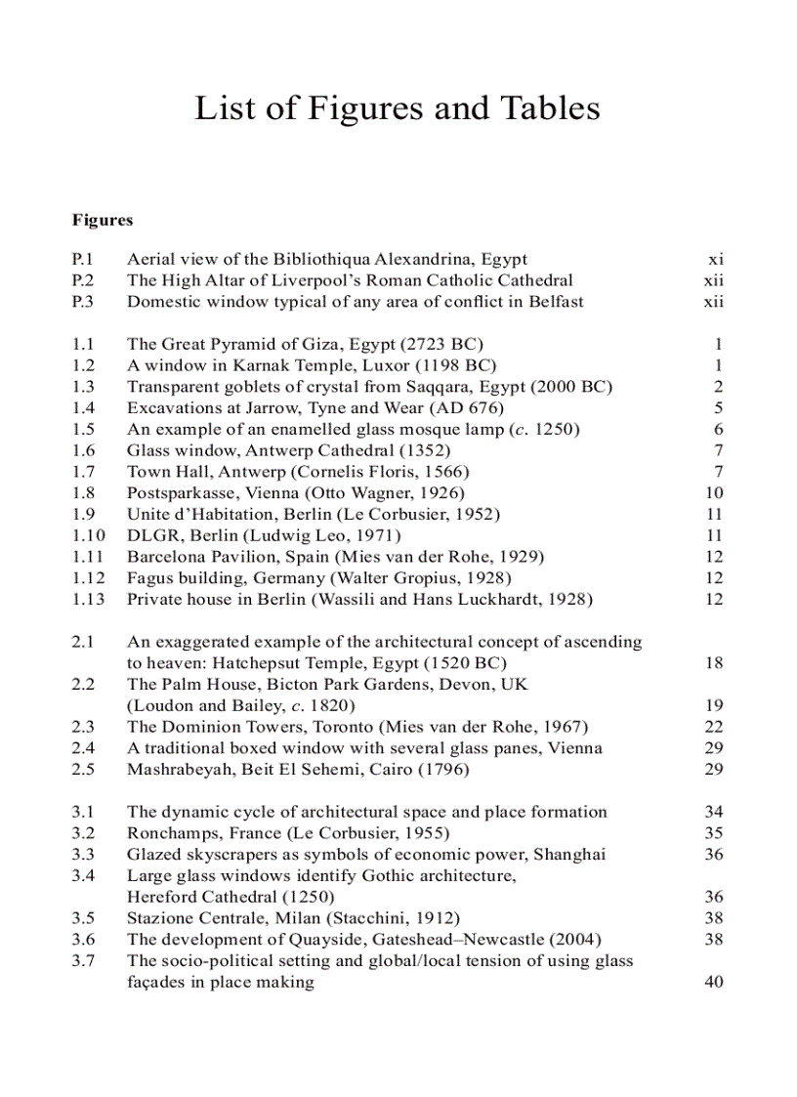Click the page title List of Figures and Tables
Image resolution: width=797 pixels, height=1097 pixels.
pyautogui.click(x=398, y=107)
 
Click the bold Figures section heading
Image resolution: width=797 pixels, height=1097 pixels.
pyautogui.click(x=102, y=220)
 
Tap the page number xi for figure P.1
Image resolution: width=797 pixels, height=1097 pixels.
pyautogui.click(x=715, y=259)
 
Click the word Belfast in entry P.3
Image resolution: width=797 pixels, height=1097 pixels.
pyautogui.click(x=556, y=301)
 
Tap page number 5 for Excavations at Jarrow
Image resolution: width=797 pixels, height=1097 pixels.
pyautogui.click(x=718, y=407)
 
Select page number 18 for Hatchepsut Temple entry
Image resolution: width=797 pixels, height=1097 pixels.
pyautogui.click(x=714, y=662)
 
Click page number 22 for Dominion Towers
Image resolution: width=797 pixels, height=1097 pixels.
pyautogui.click(x=714, y=727)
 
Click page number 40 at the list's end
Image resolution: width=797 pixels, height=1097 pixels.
pyautogui.click(x=714, y=982)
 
